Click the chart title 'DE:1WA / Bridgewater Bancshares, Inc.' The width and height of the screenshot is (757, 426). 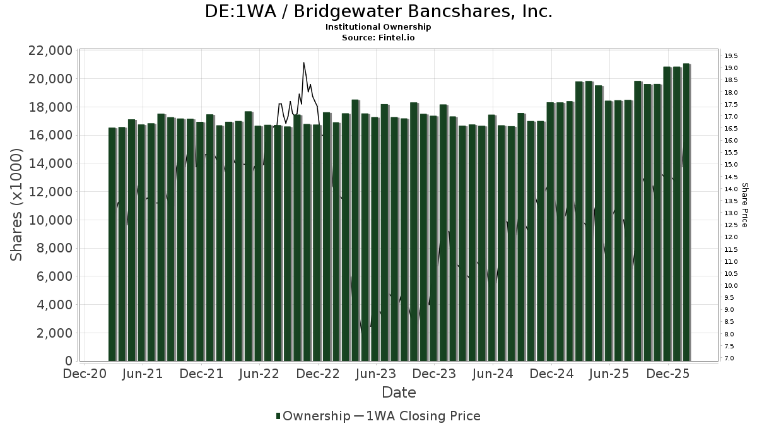pos(378,12)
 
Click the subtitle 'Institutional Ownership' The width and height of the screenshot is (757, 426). pos(378,27)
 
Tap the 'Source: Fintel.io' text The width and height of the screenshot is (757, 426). pos(378,37)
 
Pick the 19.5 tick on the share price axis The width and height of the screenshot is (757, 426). pos(731,56)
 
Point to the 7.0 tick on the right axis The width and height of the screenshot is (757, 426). pos(729,358)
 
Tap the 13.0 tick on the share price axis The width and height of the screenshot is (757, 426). pos(731,213)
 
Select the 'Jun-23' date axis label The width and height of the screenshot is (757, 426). pos(377,374)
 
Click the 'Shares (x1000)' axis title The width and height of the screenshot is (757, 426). pos(17,205)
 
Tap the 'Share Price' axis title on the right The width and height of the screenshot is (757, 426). pos(745,205)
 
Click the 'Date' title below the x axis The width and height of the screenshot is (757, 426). pos(399,393)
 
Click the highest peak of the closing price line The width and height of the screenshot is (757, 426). pos(303,63)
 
